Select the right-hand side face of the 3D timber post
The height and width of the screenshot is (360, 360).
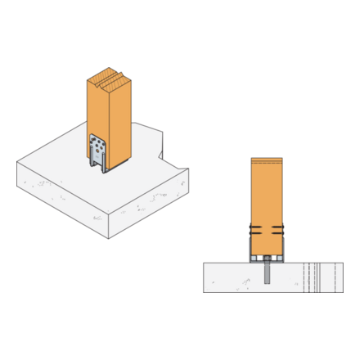(120, 123)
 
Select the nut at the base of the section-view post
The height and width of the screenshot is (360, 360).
(267, 259)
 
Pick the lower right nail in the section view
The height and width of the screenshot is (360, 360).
(279, 233)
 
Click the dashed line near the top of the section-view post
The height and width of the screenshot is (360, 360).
(267, 161)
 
